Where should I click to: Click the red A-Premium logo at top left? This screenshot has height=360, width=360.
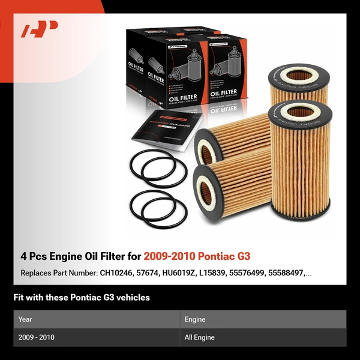40,29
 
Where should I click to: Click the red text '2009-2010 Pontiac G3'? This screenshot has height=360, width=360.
197,257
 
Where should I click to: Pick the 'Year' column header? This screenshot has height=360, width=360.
25,319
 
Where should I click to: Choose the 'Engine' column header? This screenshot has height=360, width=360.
195,319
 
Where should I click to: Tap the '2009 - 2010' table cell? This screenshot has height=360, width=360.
36,337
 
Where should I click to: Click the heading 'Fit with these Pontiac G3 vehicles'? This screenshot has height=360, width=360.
82,298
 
